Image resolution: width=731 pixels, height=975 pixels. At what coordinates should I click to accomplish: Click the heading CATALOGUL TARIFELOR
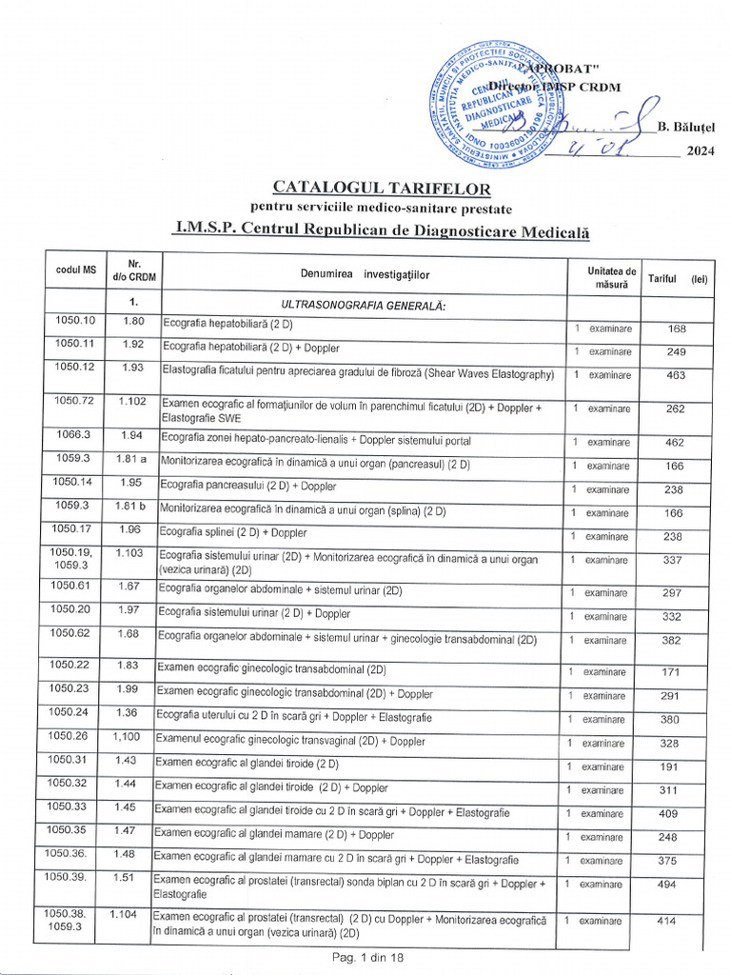coord(383,189)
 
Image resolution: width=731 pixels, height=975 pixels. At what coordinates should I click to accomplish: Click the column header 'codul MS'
coord(76,270)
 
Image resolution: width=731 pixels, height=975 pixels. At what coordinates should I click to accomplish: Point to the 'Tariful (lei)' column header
coord(678,278)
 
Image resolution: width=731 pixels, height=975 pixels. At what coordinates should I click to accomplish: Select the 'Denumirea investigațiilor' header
coord(365,274)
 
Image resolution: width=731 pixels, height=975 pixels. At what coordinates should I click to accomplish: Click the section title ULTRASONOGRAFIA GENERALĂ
coord(364,305)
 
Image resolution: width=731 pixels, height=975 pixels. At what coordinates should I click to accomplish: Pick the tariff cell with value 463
coord(676,376)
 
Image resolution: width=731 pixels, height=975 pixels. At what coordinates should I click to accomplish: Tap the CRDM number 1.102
coord(132,401)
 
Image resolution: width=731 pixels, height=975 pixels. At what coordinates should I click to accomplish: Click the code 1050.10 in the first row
coord(75,320)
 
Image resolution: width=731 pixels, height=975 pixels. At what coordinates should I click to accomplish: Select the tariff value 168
coord(677,329)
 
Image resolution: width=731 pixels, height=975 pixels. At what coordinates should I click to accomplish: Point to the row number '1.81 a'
coord(131,460)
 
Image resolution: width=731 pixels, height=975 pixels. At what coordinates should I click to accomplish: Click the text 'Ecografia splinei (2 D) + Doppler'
coord(233,532)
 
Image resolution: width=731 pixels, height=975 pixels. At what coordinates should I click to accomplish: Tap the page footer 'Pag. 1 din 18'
coord(368,958)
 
